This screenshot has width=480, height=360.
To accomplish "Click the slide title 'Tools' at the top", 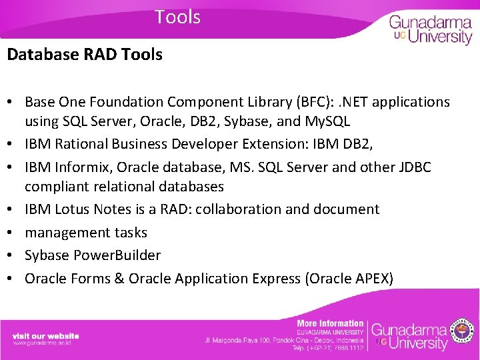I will (x=177, y=17).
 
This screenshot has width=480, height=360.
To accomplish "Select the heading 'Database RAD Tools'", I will (x=85, y=55).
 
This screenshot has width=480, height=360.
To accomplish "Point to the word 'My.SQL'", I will (x=327, y=121).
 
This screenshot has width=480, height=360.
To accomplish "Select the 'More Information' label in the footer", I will (x=330, y=323).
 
